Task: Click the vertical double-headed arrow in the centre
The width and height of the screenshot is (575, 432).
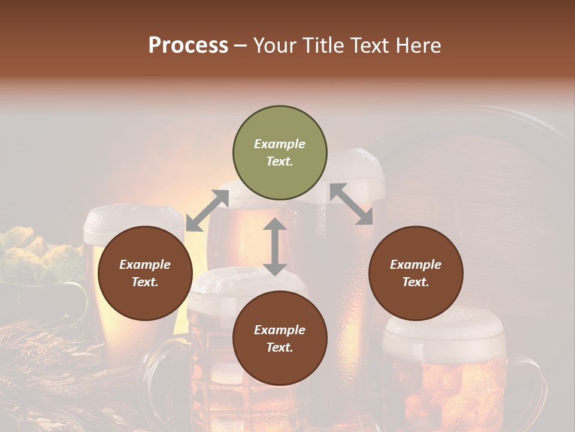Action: tap(275, 247)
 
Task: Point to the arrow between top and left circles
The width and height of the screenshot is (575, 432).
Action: tap(207, 211)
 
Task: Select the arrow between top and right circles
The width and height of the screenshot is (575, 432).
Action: tap(351, 204)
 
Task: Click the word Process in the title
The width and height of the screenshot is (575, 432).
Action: tap(188, 46)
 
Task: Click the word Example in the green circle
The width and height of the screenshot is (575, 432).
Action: tap(280, 144)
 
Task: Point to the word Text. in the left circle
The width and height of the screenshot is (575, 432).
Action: tap(145, 282)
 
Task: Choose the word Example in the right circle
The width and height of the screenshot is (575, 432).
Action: tap(416, 265)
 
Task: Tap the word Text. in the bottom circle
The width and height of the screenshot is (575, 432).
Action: tap(280, 347)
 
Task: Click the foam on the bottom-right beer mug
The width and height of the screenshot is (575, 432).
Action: tap(443, 333)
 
